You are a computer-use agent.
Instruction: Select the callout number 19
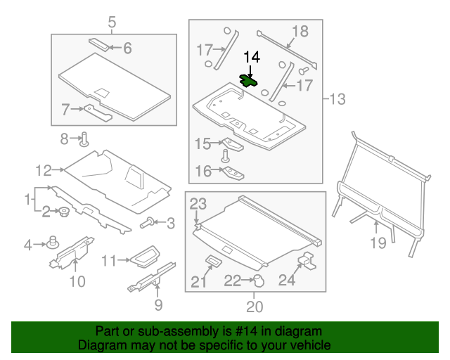[x=378, y=243]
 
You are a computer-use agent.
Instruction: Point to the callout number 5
[x=112, y=23]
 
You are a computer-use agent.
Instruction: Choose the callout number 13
[x=337, y=99]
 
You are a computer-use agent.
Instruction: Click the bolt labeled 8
[x=84, y=139]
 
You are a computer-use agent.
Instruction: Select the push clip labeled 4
[x=51, y=243]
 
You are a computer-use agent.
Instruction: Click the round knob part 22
[x=257, y=281]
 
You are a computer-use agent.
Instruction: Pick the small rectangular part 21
[x=213, y=262]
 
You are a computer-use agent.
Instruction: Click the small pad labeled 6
[x=100, y=44]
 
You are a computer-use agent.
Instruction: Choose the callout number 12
[x=44, y=169]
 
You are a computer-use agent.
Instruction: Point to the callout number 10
[x=77, y=282]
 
